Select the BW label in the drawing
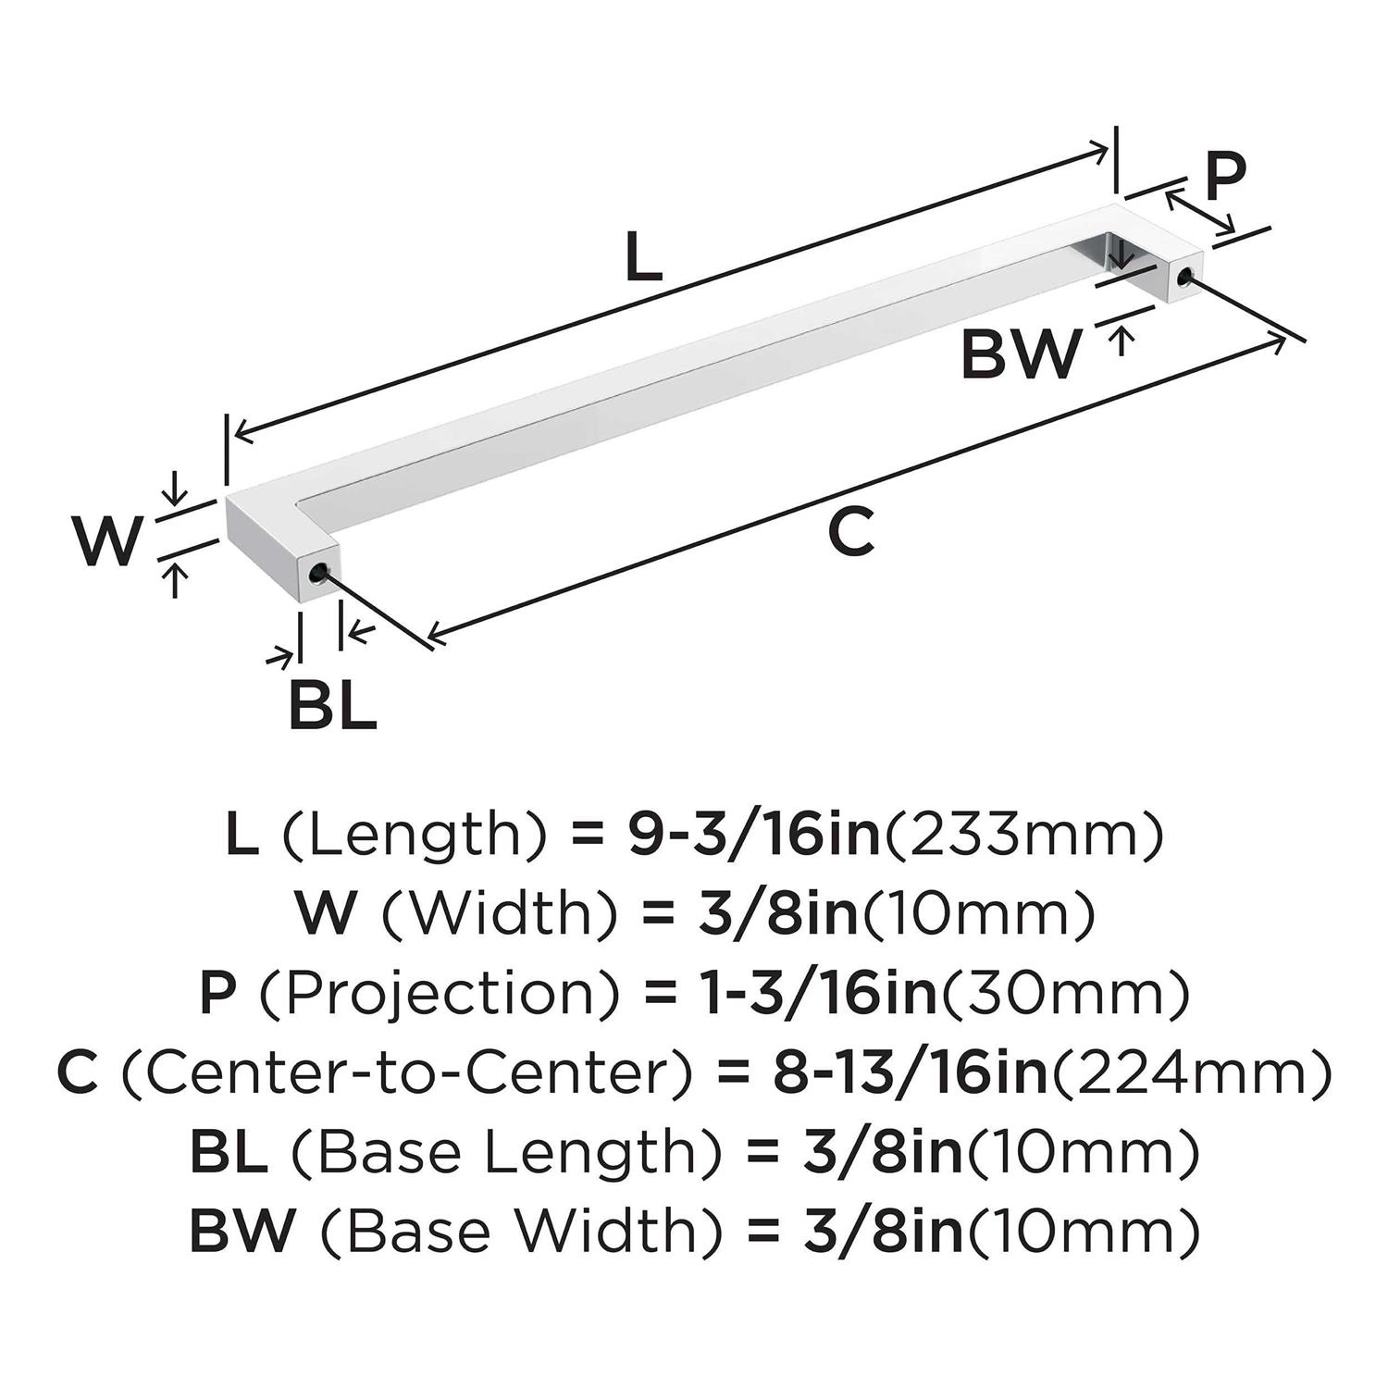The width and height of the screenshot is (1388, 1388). (x=1021, y=353)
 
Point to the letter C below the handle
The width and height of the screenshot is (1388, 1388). (x=850, y=532)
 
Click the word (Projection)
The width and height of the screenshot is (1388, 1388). (x=438, y=993)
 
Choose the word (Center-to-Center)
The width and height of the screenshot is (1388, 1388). (x=406, y=1072)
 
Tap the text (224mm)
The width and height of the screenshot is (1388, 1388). (x=1194, y=1072)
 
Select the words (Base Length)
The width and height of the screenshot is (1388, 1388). (x=505, y=1152)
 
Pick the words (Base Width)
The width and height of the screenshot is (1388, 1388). (x=519, y=1232)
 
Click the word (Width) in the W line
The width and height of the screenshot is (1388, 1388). (x=499, y=913)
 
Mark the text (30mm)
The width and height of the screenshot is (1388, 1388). (x=1065, y=993)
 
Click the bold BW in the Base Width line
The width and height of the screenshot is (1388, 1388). (x=242, y=1232)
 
